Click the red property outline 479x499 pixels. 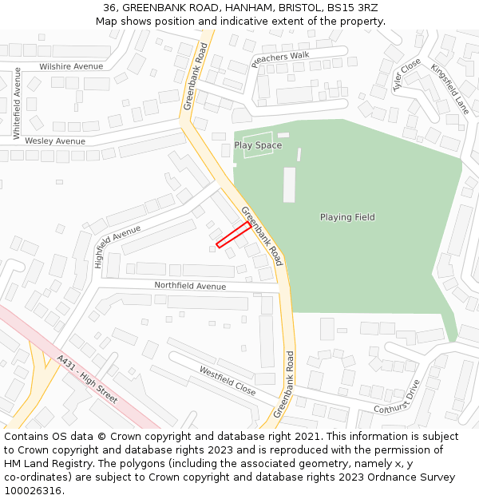click(233, 235)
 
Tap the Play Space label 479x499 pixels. click(258, 145)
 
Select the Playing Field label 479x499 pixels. click(347, 217)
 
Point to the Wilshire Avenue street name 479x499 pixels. click(71, 66)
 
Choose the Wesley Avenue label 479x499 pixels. click(55, 141)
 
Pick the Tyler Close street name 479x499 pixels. click(406, 75)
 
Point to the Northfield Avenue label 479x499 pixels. click(190, 286)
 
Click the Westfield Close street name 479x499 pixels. click(228, 382)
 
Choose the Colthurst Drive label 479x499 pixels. click(397, 397)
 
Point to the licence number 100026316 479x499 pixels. click(33, 491)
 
